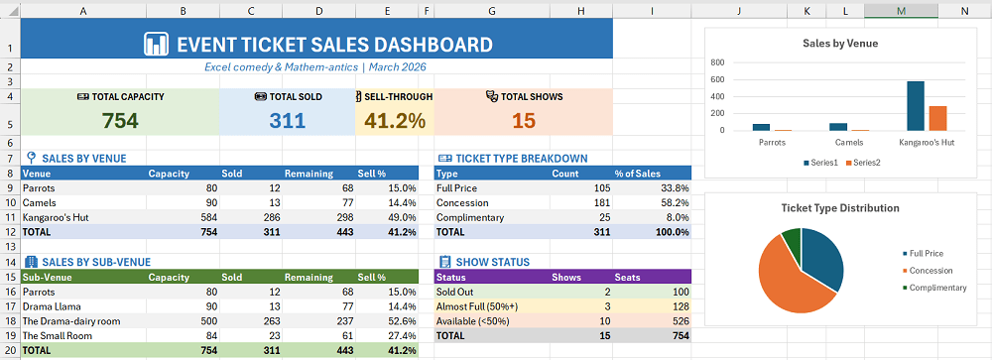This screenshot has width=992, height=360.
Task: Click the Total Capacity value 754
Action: coord(120,121)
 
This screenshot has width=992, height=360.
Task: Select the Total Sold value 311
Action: coord(288,121)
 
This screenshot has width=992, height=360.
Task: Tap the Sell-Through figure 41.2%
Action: coord(395,121)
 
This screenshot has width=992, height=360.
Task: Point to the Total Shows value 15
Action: coord(524,121)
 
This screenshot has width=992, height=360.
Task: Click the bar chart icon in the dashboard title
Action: coord(156,45)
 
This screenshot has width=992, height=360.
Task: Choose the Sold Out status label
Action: coord(456,293)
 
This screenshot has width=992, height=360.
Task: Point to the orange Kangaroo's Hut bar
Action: coord(936,118)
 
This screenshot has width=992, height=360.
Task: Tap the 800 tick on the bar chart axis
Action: coord(717,62)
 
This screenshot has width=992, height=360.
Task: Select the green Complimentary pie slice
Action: coord(791,240)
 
